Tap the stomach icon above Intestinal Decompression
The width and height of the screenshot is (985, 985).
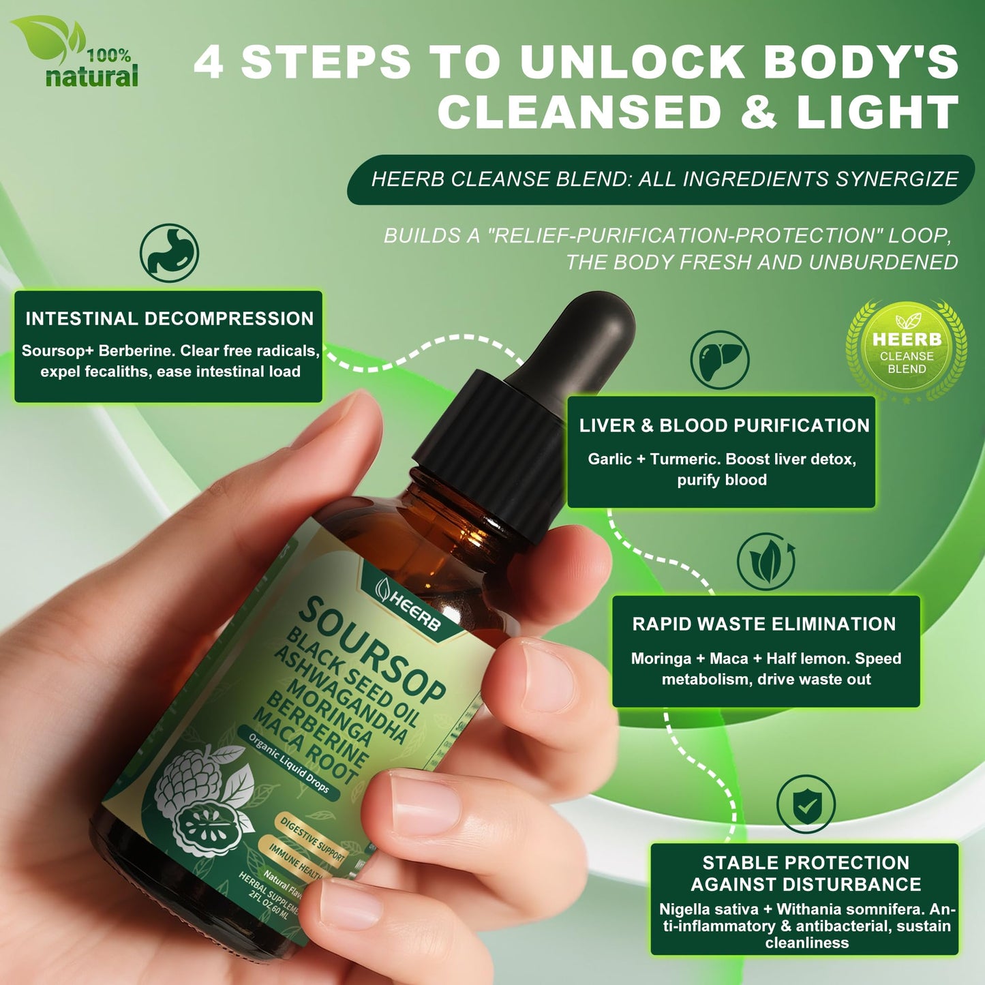click(x=169, y=253)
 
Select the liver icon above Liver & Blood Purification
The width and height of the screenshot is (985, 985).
click(x=719, y=360)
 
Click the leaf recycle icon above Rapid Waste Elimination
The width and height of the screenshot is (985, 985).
click(x=766, y=561)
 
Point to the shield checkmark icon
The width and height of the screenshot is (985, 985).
click(x=806, y=804)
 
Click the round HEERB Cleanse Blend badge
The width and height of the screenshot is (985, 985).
click(x=906, y=352)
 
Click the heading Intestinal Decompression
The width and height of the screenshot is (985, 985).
click(x=169, y=318)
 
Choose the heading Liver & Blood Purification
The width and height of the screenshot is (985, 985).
click(x=724, y=425)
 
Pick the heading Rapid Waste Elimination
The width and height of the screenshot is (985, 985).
click(x=763, y=624)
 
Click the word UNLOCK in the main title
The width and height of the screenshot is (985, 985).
click(x=631, y=62)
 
